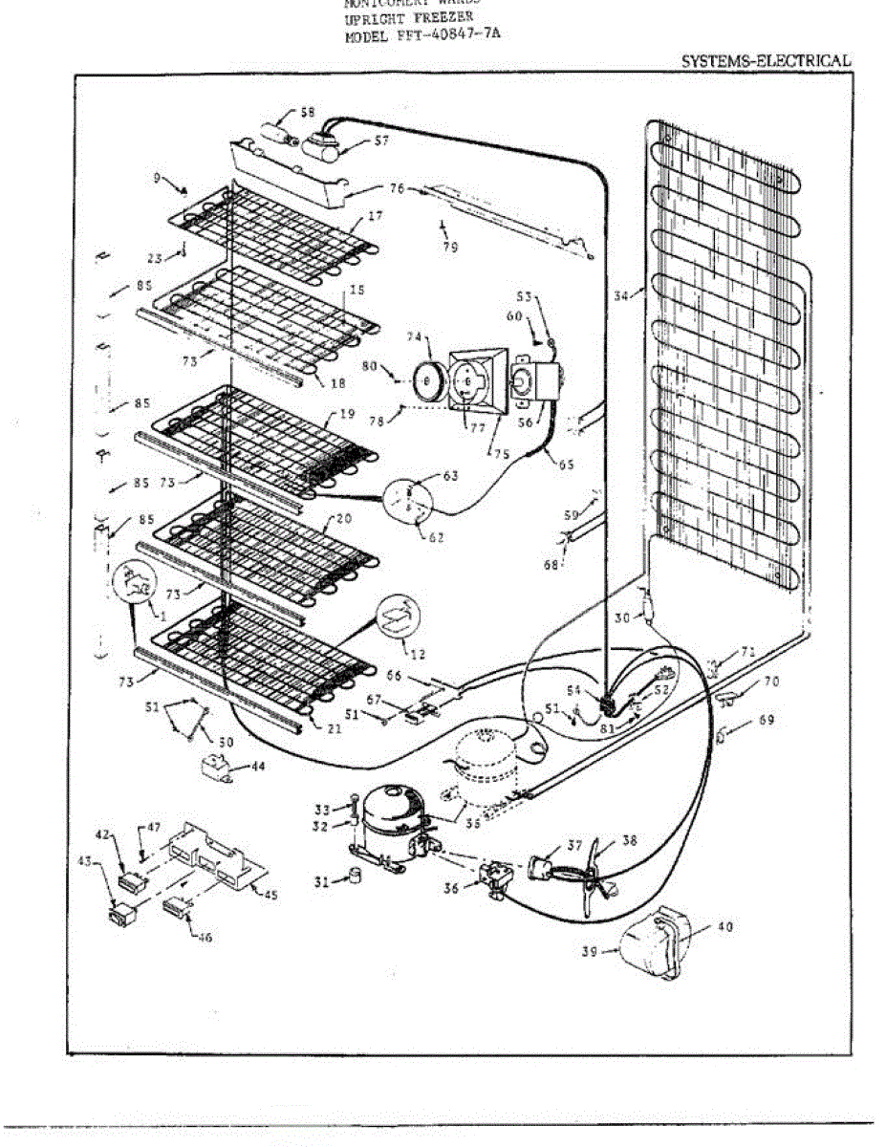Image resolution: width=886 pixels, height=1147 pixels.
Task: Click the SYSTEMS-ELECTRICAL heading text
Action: [x=765, y=60]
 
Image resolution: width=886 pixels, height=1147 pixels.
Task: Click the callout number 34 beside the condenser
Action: [x=622, y=296]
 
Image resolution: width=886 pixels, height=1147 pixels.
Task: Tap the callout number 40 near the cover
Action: [x=725, y=926]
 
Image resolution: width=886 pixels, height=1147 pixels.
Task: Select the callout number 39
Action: [x=592, y=952]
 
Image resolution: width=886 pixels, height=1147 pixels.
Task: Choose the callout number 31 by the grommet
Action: [x=323, y=881]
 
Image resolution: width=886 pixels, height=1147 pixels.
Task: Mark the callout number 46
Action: [x=204, y=937]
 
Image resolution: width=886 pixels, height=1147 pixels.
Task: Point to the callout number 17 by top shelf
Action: [x=375, y=217]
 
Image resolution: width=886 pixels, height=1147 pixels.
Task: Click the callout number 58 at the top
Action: [x=307, y=112]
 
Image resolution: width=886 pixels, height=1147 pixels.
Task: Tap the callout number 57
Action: [x=355, y=141]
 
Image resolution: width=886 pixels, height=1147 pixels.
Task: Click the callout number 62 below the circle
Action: [x=436, y=537]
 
